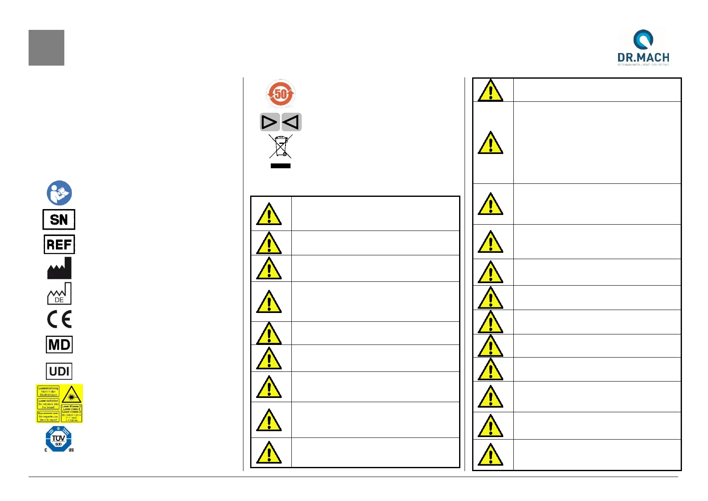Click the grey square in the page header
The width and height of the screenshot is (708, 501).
(46, 48)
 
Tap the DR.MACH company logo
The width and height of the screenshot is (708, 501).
(643, 47)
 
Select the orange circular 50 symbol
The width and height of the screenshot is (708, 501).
(280, 94)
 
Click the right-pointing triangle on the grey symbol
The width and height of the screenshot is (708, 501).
(269, 122)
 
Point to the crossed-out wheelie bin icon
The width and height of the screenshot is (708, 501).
(280, 146)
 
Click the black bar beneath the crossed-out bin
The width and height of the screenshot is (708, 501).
(280, 166)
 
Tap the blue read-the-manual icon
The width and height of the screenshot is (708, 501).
(59, 193)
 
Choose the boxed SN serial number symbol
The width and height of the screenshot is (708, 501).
(59, 219)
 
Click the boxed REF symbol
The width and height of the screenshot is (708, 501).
(59, 244)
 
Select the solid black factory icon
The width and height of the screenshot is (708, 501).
(59, 268)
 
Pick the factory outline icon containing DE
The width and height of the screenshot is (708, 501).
(59, 294)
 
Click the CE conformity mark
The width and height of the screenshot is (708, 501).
(59, 319)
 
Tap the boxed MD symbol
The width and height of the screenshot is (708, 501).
(59, 345)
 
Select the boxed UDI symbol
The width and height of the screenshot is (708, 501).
(59, 371)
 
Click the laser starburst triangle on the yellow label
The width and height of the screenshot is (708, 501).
(71, 395)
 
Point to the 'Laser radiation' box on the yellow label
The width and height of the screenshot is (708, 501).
(48, 404)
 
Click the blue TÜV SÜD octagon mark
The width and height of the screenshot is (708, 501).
(58, 439)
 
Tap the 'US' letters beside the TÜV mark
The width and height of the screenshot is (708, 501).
(71, 450)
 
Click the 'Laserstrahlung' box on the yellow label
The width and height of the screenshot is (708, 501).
(48, 391)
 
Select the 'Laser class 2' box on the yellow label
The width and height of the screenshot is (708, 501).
(71, 414)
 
